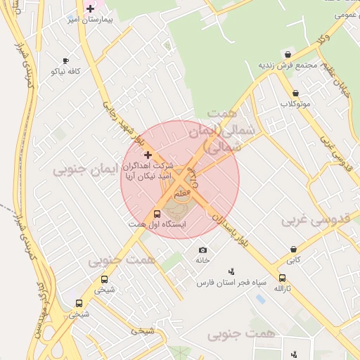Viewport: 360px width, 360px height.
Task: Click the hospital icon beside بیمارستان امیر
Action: (90, 8)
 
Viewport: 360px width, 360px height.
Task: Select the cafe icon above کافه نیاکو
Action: (65, 61)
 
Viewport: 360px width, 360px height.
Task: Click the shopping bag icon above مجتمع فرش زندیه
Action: (288, 54)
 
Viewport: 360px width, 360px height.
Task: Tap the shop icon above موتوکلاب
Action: (295, 93)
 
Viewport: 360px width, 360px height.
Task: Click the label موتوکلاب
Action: (295, 104)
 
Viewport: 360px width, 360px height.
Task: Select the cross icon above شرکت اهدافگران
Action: (147, 154)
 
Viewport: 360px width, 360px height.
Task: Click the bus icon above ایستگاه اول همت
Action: (156, 214)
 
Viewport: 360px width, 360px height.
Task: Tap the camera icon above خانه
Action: (203, 250)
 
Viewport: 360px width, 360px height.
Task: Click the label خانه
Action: (202, 260)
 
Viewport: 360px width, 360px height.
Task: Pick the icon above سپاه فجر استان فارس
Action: (231, 271)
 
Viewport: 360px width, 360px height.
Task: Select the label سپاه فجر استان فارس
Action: (231, 283)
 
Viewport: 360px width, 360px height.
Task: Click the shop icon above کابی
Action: (293, 249)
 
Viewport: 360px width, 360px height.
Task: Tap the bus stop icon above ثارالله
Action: (282, 278)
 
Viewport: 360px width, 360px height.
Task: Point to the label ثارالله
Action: (281, 289)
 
